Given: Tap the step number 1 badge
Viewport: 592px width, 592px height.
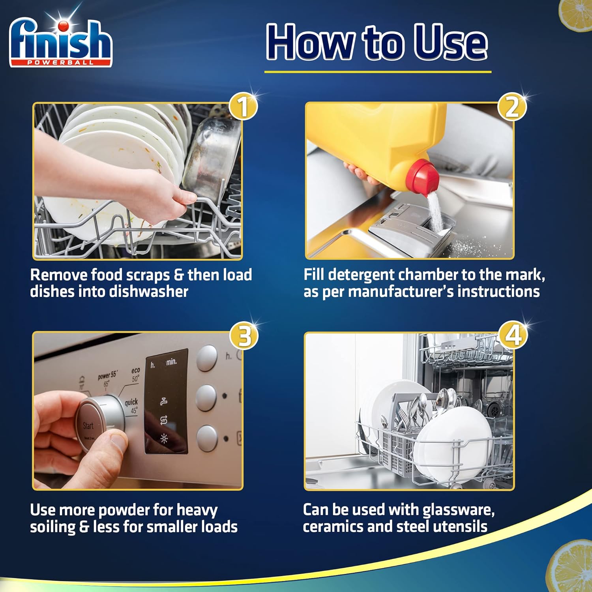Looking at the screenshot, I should point(243,107).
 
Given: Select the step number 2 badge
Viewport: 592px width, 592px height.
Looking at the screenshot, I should point(512,107).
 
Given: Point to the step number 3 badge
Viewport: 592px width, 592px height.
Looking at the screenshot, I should point(244,336).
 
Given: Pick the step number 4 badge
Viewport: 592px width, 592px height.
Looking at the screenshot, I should point(513,335).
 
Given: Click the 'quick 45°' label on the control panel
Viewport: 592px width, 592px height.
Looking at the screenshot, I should point(132,406).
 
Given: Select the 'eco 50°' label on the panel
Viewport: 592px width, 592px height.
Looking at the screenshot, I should point(135,375).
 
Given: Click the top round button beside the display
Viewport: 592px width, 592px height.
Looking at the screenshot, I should point(207,358).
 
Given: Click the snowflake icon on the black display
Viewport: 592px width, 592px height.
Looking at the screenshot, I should point(164,438).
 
